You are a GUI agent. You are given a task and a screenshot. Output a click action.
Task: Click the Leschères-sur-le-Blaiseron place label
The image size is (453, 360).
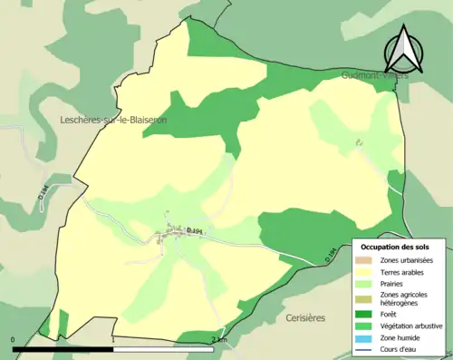tap(112, 120)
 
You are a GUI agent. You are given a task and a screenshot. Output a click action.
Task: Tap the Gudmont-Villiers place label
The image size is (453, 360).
tap(375, 76)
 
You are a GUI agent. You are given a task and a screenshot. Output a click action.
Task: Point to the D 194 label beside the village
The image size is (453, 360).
tap(193, 232)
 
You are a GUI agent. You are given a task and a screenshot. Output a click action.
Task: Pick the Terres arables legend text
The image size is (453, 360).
tap(404, 270)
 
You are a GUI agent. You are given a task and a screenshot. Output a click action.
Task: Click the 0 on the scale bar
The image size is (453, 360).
tap(14, 339)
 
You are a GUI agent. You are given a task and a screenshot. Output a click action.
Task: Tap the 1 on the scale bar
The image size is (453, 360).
tap(112, 339)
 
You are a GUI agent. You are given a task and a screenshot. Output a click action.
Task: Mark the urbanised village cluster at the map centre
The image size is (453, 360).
tap(166, 238)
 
